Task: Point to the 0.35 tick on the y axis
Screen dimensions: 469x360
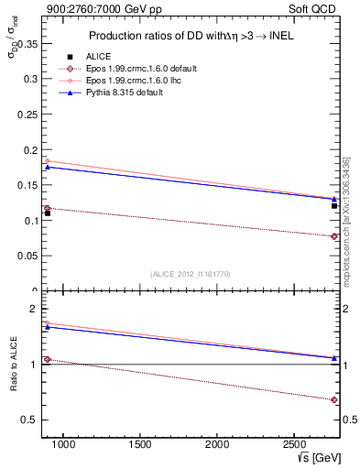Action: pos(27,43)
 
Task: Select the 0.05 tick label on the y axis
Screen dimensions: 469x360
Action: pos(27,256)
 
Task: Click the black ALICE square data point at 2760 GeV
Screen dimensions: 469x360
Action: pos(334,205)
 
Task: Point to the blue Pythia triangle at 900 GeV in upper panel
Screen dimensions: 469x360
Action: pos(48,167)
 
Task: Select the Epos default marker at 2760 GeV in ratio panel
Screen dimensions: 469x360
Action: pos(334,399)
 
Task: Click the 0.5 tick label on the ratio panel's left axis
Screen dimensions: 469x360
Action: pos(27,420)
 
